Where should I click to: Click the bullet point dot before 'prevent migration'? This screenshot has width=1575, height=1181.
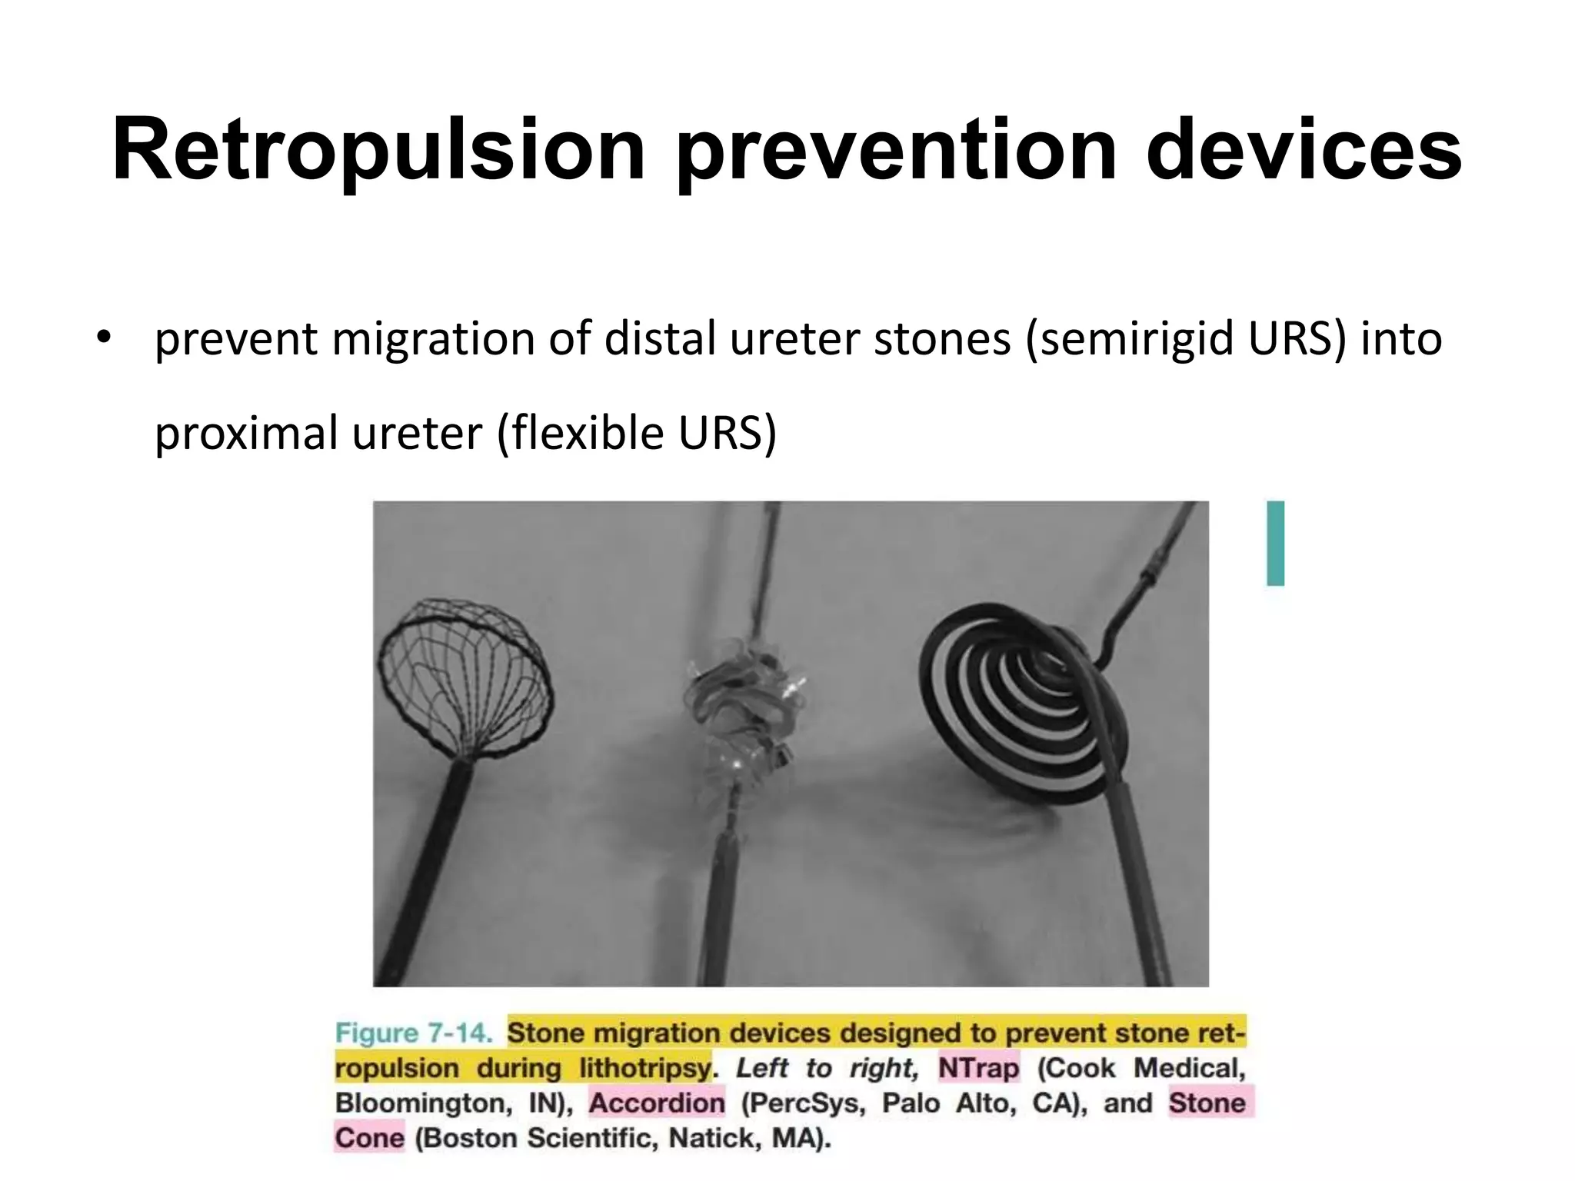pos(105,338)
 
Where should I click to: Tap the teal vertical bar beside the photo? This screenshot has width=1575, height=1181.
pos(1275,543)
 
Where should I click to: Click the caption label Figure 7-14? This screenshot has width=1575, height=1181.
pos(414,1033)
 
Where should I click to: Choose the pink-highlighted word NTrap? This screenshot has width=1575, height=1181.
pos(978,1068)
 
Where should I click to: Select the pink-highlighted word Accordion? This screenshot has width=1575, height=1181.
pos(657,1103)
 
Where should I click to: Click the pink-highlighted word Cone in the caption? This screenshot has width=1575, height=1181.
pos(370,1138)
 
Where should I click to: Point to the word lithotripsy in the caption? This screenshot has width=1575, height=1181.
pos(645,1068)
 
